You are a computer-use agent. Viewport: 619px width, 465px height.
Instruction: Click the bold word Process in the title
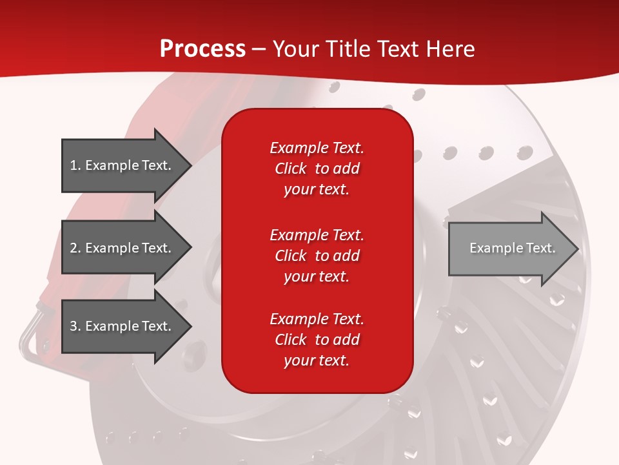coord(202,49)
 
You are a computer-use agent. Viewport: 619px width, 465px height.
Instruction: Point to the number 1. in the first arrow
coord(75,165)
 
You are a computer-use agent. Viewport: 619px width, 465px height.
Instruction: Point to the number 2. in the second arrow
coord(75,248)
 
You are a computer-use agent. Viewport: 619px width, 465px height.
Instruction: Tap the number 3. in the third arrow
coord(75,326)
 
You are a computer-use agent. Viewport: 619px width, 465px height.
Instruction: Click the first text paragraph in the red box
coord(317,169)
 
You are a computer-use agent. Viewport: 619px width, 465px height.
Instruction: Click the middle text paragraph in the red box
coord(317,256)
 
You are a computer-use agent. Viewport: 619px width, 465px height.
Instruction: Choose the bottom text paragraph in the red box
coord(317,340)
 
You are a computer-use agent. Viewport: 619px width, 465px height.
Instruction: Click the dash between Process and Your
coord(259,50)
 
